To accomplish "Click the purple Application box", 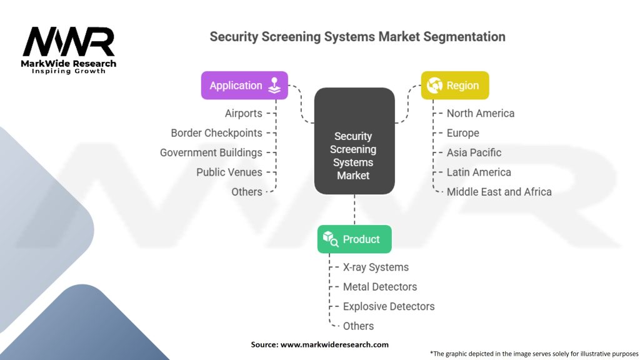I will (x=244, y=86).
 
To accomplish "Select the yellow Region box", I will (x=454, y=86).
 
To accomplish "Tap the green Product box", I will (x=354, y=239).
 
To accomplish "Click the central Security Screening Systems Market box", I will (x=354, y=156).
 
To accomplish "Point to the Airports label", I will (x=244, y=113).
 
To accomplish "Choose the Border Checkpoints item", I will (x=216, y=133).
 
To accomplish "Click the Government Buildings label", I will (x=211, y=152).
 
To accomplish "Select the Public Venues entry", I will (x=229, y=172).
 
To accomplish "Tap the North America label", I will (x=481, y=113).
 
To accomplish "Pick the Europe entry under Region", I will (x=463, y=133).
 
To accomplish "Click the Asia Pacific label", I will (x=474, y=152).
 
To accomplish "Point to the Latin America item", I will (x=479, y=172).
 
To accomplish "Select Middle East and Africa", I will (x=499, y=192).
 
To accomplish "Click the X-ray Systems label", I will (x=376, y=267).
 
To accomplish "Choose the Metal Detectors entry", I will (x=380, y=287).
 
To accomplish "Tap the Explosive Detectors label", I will (x=389, y=306).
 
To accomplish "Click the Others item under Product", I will (x=358, y=326).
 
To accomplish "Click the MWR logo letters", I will (x=69, y=42).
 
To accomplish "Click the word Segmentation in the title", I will (x=464, y=36).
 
